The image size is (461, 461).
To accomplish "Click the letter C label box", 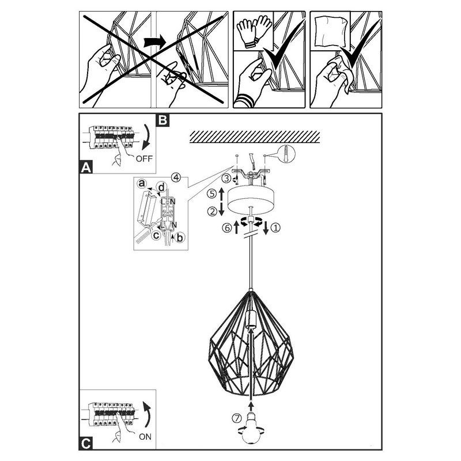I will [85, 443].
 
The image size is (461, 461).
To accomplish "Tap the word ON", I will [146, 436].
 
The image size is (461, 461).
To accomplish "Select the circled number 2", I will [213, 211].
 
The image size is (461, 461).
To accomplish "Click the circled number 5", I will [213, 193].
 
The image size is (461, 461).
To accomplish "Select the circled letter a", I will [142, 183].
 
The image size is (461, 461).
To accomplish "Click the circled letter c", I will [156, 234].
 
